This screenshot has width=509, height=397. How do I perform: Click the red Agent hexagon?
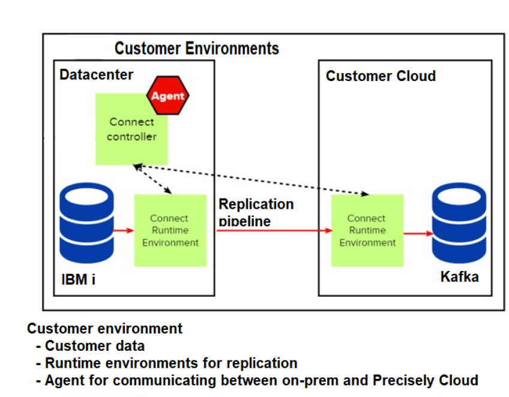[167, 95]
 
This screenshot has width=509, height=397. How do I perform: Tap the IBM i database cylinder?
[86, 223]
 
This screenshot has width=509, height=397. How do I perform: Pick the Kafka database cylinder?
[459, 223]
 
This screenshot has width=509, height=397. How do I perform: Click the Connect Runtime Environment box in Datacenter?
[170, 230]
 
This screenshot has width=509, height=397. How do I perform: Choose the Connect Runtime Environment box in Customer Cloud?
[367, 230]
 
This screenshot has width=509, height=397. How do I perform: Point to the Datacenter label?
[97, 74]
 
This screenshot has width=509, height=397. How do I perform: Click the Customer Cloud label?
[381, 76]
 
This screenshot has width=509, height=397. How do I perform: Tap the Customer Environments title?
[197, 49]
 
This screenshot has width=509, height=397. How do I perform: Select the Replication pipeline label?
[256, 212]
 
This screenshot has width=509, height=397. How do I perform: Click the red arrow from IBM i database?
[124, 230]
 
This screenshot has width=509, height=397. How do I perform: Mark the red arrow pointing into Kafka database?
[419, 233]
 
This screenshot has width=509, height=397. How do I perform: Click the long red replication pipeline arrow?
[275, 230]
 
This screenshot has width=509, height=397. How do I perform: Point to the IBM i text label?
[79, 279]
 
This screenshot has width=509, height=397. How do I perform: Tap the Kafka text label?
[459, 277]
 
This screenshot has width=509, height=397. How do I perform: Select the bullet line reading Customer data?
[90, 346]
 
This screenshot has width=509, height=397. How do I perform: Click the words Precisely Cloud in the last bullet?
[426, 380]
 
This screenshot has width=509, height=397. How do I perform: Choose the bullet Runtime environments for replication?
[166, 363]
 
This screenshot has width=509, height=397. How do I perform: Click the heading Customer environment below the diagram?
[104, 328]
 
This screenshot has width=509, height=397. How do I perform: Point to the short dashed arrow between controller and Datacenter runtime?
[152, 179]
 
